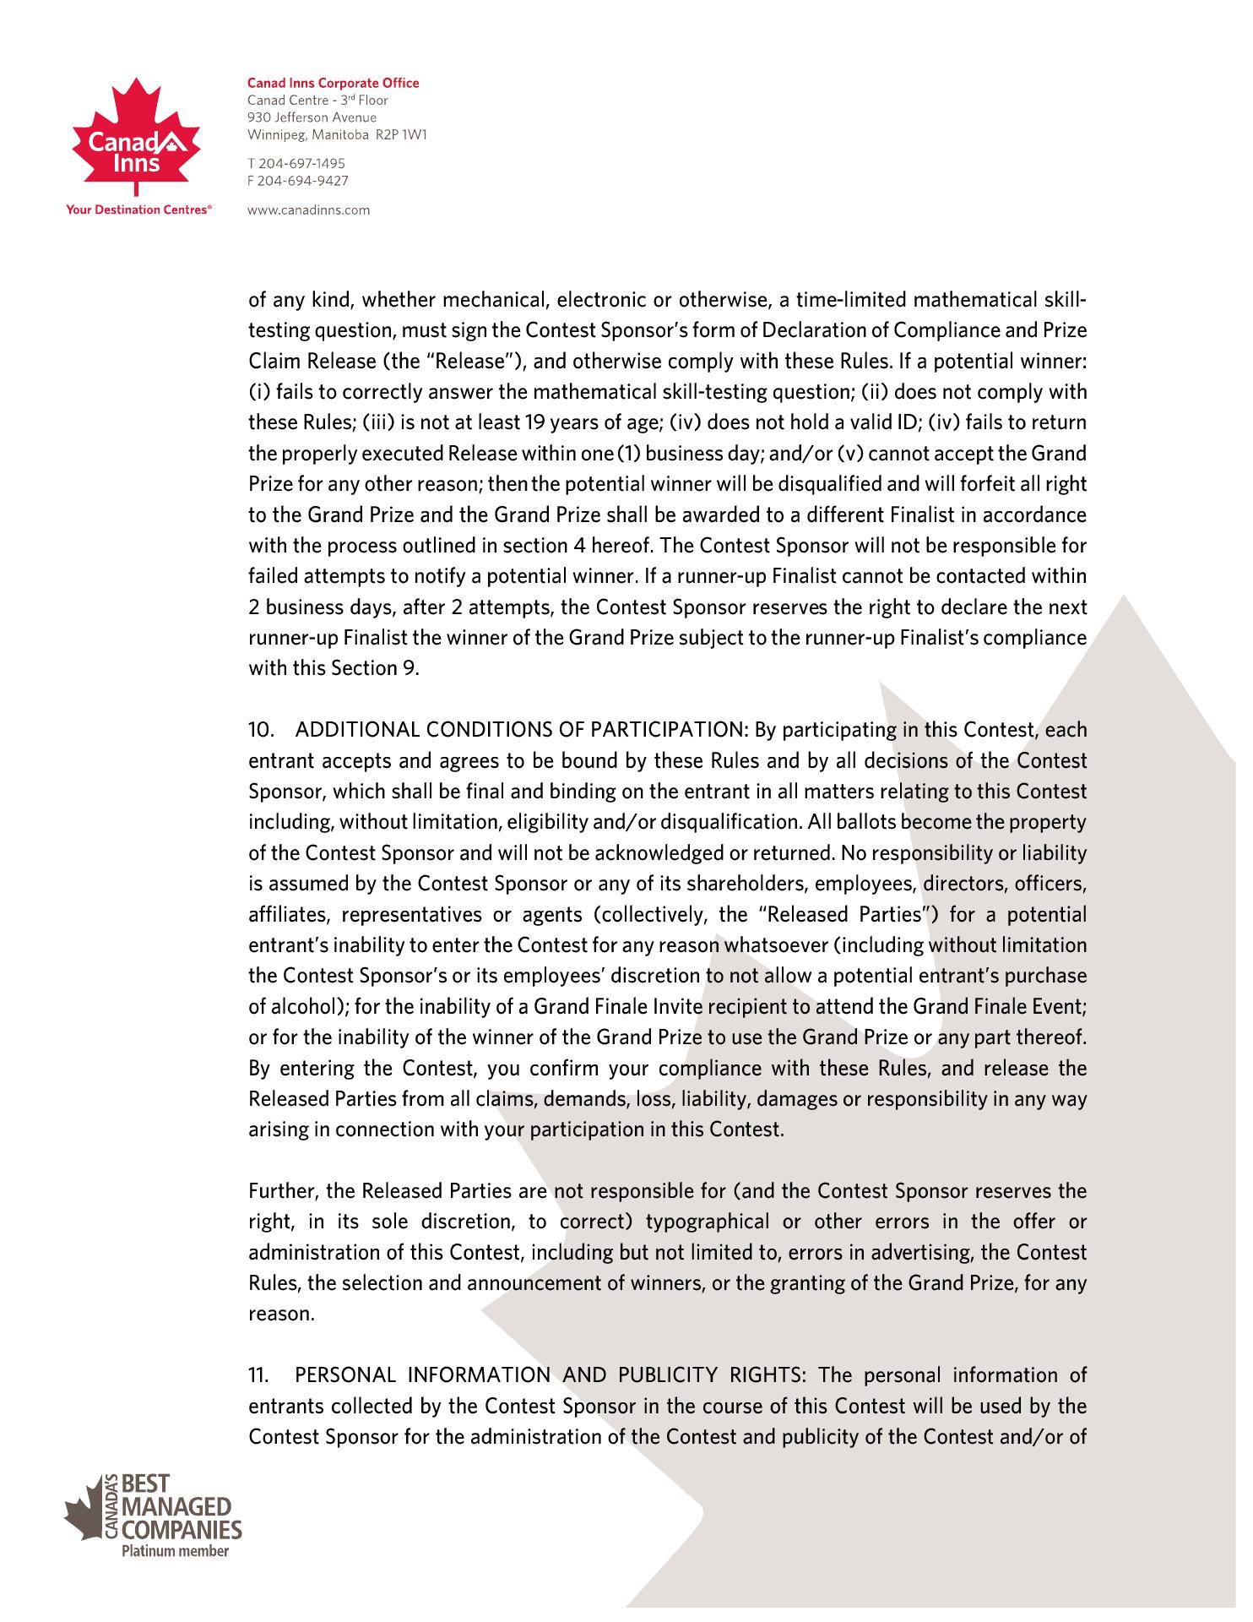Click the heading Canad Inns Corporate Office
[x=333, y=83]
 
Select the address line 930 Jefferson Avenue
[x=312, y=117]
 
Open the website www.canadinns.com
[x=308, y=210]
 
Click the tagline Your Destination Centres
[x=138, y=210]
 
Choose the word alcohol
[x=305, y=1008]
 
